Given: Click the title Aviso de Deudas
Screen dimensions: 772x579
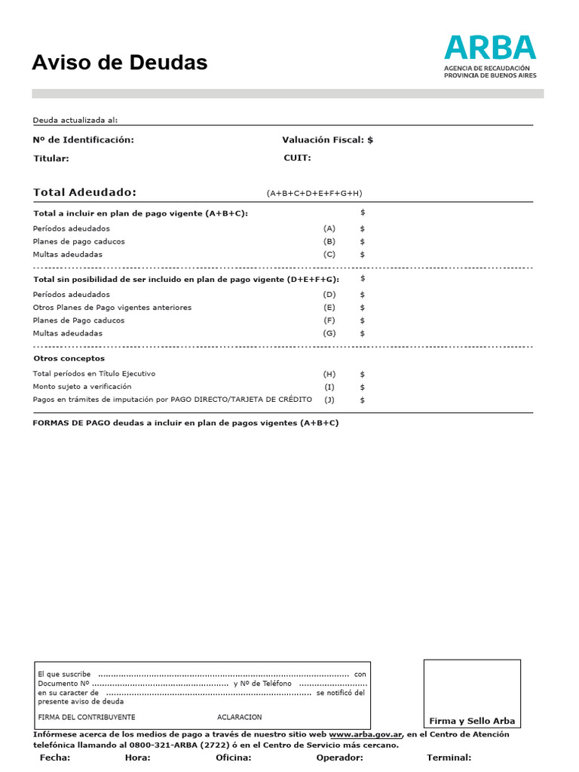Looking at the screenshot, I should coord(119,63).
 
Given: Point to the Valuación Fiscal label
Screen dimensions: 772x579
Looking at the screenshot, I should coord(327,139).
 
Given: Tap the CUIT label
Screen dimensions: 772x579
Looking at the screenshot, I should coord(297,158).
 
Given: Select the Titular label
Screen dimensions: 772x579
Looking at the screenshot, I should coord(51,158).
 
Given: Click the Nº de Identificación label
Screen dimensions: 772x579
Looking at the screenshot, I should coord(84,139).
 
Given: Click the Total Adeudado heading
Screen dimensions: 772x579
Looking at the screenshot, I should coord(85,192).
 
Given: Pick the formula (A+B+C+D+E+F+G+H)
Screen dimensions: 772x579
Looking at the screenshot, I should coord(314,194).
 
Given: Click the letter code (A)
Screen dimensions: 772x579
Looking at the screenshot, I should coord(329,228).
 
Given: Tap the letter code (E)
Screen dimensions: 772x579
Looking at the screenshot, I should coord(329,308).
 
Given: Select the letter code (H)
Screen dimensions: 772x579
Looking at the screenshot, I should coord(329,374).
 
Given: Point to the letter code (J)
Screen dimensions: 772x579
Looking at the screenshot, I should coord(329,400).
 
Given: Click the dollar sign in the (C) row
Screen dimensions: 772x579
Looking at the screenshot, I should coord(363,255).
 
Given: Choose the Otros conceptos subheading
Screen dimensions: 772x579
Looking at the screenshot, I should coord(69,358).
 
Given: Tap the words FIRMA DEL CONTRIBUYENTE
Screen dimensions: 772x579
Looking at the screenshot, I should coord(87,717).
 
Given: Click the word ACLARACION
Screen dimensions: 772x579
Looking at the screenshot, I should coord(240,717).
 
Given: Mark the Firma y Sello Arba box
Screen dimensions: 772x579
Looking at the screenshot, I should coord(472,694).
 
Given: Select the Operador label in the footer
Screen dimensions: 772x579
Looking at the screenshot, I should coord(340,758).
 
